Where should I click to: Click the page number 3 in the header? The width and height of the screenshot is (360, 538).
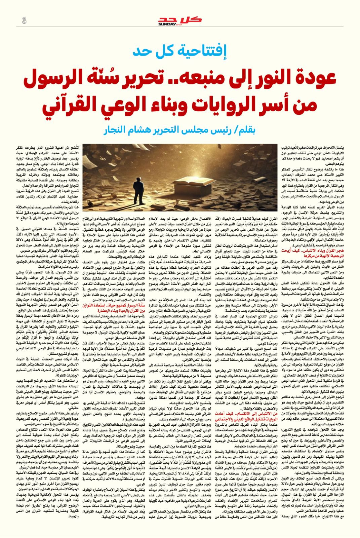[x=24, y=21]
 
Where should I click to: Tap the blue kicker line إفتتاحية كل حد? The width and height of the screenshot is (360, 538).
[x=179, y=50]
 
